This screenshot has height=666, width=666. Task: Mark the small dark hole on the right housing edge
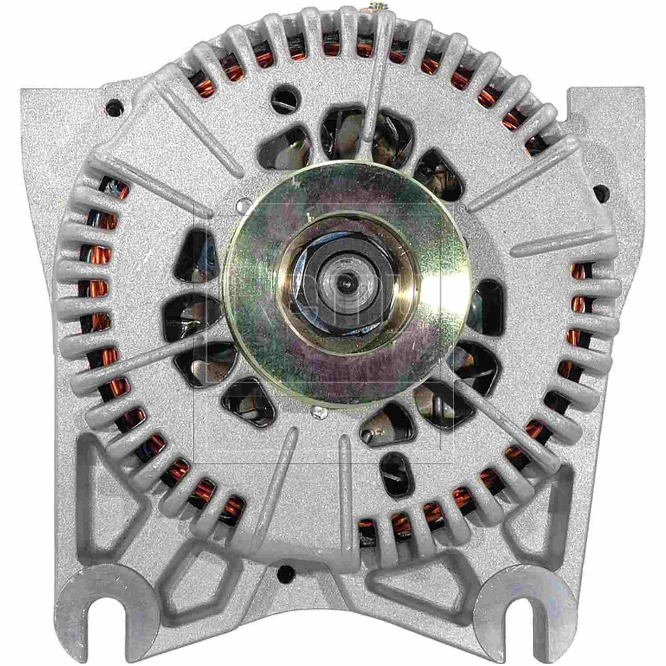coord(601,192)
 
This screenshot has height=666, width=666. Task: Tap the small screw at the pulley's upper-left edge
coord(241,205)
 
